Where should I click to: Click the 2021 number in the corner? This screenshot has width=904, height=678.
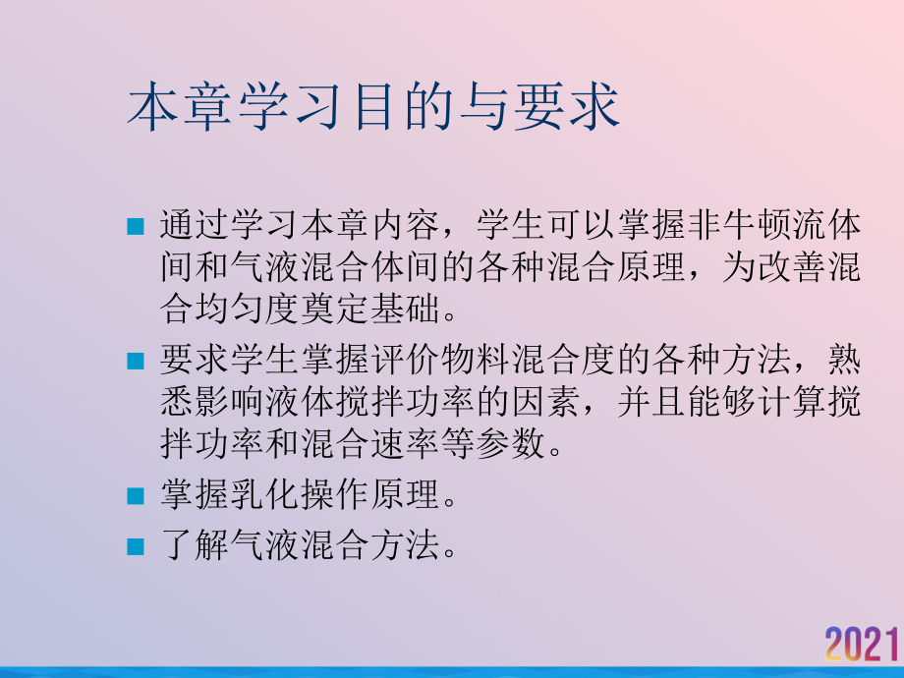863,645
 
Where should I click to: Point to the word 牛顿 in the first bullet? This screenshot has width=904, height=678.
758,226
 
